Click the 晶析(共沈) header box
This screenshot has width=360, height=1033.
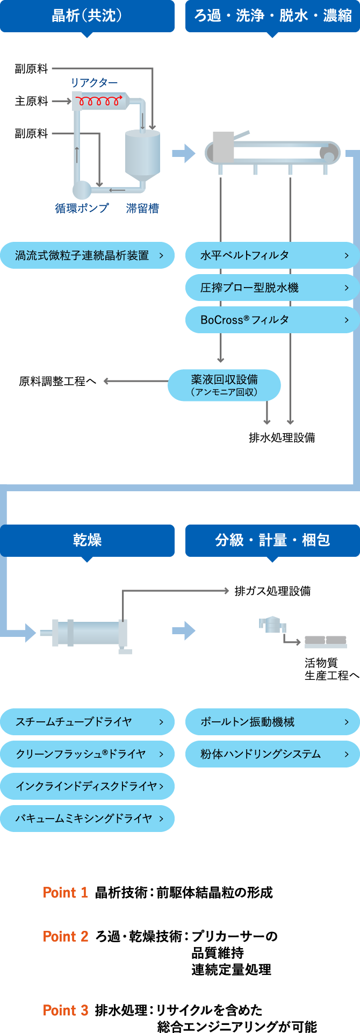(x=87, y=16)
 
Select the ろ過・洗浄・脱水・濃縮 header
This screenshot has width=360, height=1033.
(x=272, y=16)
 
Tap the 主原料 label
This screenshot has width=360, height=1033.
(x=31, y=101)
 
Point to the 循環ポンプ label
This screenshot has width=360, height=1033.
(x=82, y=208)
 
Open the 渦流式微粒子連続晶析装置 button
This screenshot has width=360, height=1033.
(x=87, y=255)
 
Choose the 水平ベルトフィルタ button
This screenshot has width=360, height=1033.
(x=272, y=255)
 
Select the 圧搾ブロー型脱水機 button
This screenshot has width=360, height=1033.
(x=272, y=288)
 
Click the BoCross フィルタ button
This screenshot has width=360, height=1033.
(x=272, y=320)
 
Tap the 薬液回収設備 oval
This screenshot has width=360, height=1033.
(x=224, y=385)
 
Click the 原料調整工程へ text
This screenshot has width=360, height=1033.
(x=57, y=382)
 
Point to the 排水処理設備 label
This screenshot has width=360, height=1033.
(x=282, y=437)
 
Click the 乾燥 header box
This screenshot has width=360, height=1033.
(x=87, y=540)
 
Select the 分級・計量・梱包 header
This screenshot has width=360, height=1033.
(x=272, y=540)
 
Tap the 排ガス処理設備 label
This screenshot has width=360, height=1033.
(x=272, y=591)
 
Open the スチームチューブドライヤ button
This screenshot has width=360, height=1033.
(x=87, y=722)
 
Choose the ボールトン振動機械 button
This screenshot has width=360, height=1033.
(x=272, y=722)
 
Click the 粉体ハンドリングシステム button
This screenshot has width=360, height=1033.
(x=272, y=754)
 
